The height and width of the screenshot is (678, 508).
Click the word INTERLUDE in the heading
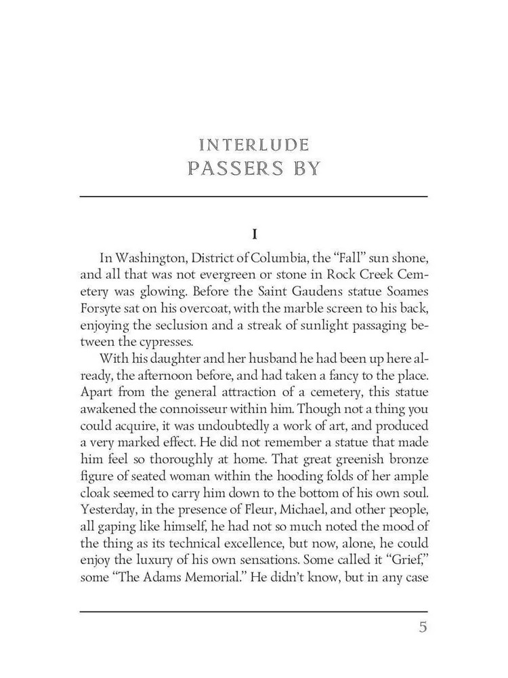point(254,145)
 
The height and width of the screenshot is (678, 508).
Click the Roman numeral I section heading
point(254,235)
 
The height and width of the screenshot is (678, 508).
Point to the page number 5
point(423,627)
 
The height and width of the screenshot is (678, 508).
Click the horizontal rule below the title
point(254,197)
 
